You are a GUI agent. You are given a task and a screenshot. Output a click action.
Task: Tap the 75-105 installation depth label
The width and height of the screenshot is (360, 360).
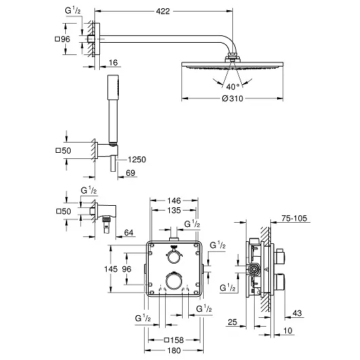[295, 219]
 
